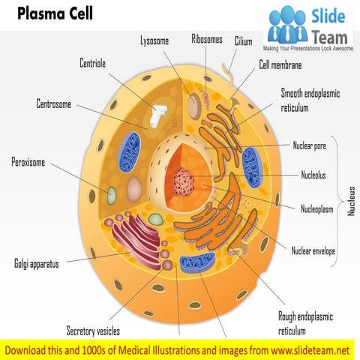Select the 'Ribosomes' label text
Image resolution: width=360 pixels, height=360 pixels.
click(207, 39)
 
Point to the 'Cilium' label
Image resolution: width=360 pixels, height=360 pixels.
click(243, 41)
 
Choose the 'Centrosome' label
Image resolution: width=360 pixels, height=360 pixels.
click(54, 103)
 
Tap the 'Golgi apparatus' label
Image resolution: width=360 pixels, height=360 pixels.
click(37, 264)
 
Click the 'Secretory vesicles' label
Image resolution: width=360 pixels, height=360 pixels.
click(92, 331)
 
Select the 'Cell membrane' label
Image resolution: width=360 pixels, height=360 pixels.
click(280, 65)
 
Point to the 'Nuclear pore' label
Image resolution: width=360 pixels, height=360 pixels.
click(309, 145)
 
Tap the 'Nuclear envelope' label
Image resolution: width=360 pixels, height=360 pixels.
click(313, 250)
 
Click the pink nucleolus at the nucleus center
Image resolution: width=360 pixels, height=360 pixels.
click(183, 181)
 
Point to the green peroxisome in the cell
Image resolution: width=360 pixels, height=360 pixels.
click(112, 196)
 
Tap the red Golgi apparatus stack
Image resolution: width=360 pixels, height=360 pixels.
click(139, 240)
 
